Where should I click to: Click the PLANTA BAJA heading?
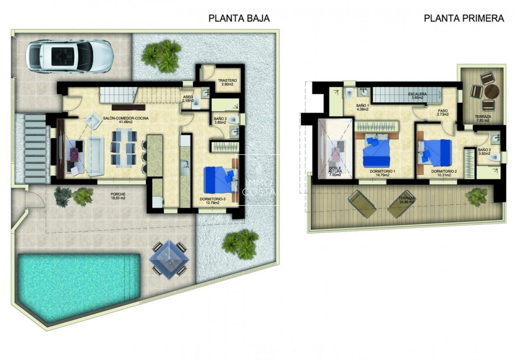click(x=239, y=19)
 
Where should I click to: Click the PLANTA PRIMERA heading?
click(x=464, y=19)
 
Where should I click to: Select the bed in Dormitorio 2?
click(x=436, y=152)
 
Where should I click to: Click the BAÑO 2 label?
click(x=485, y=152)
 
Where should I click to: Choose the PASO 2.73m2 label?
click(x=442, y=113)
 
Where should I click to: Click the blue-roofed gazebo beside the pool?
click(x=169, y=258)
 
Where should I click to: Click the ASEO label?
click(x=188, y=99)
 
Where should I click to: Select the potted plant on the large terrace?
click(x=477, y=196)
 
